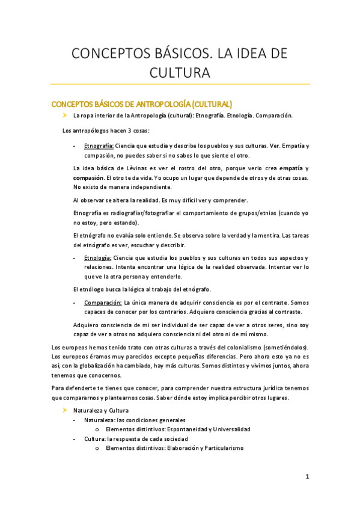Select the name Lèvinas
pyautogui.click(x=132, y=168)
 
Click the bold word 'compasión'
pyautogui.click(x=88, y=177)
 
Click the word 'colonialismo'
pyautogui.click(x=228, y=348)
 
